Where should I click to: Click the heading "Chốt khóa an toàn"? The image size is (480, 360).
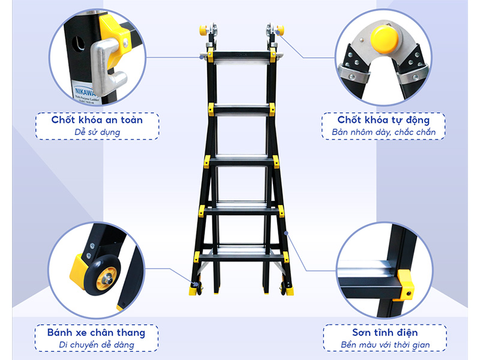[97, 119]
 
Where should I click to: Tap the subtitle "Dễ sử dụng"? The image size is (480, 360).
[97, 133]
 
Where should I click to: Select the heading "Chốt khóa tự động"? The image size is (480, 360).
[384, 119]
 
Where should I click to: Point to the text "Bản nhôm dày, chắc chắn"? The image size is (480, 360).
[384, 133]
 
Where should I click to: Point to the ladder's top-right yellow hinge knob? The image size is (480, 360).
[279, 30]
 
